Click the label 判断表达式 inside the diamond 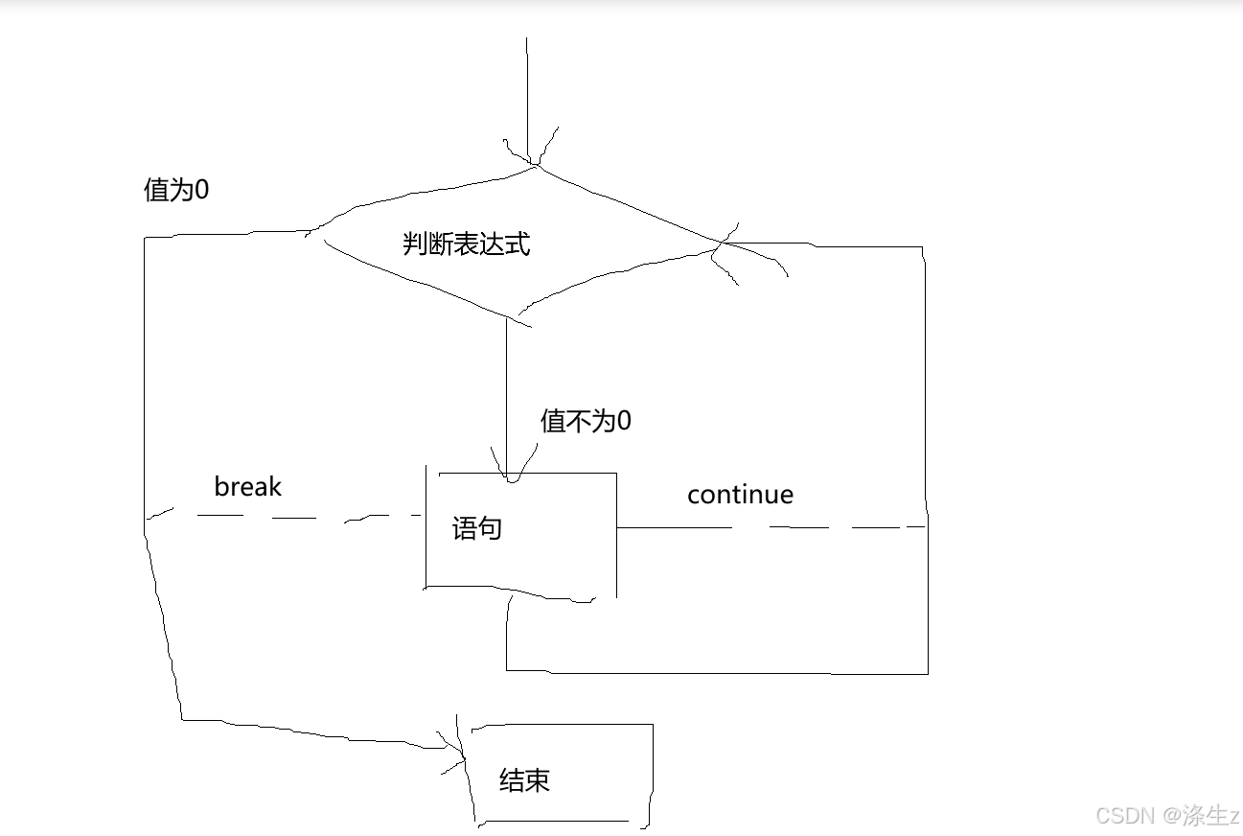[x=466, y=244]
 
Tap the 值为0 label [x=175, y=190]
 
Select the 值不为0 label [x=586, y=421]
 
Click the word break [x=247, y=486]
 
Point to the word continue [x=740, y=495]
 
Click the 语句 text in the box [x=476, y=528]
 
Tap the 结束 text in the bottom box [x=524, y=780]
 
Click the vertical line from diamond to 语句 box [x=506, y=383]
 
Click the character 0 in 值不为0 [x=624, y=421]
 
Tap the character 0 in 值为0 [x=201, y=190]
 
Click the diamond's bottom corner [x=518, y=316]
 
